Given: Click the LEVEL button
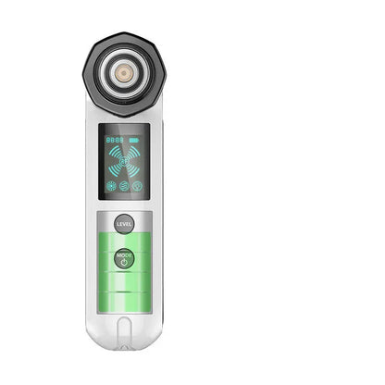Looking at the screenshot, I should (124, 223).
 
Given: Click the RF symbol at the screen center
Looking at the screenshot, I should (124, 163).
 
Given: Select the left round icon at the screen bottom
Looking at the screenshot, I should (112, 185).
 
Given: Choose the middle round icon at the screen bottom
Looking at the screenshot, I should (124, 185).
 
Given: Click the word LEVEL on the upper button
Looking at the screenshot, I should (124, 223).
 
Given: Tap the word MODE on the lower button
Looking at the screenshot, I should (124, 254).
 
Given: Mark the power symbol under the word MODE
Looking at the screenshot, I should (124, 262).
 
